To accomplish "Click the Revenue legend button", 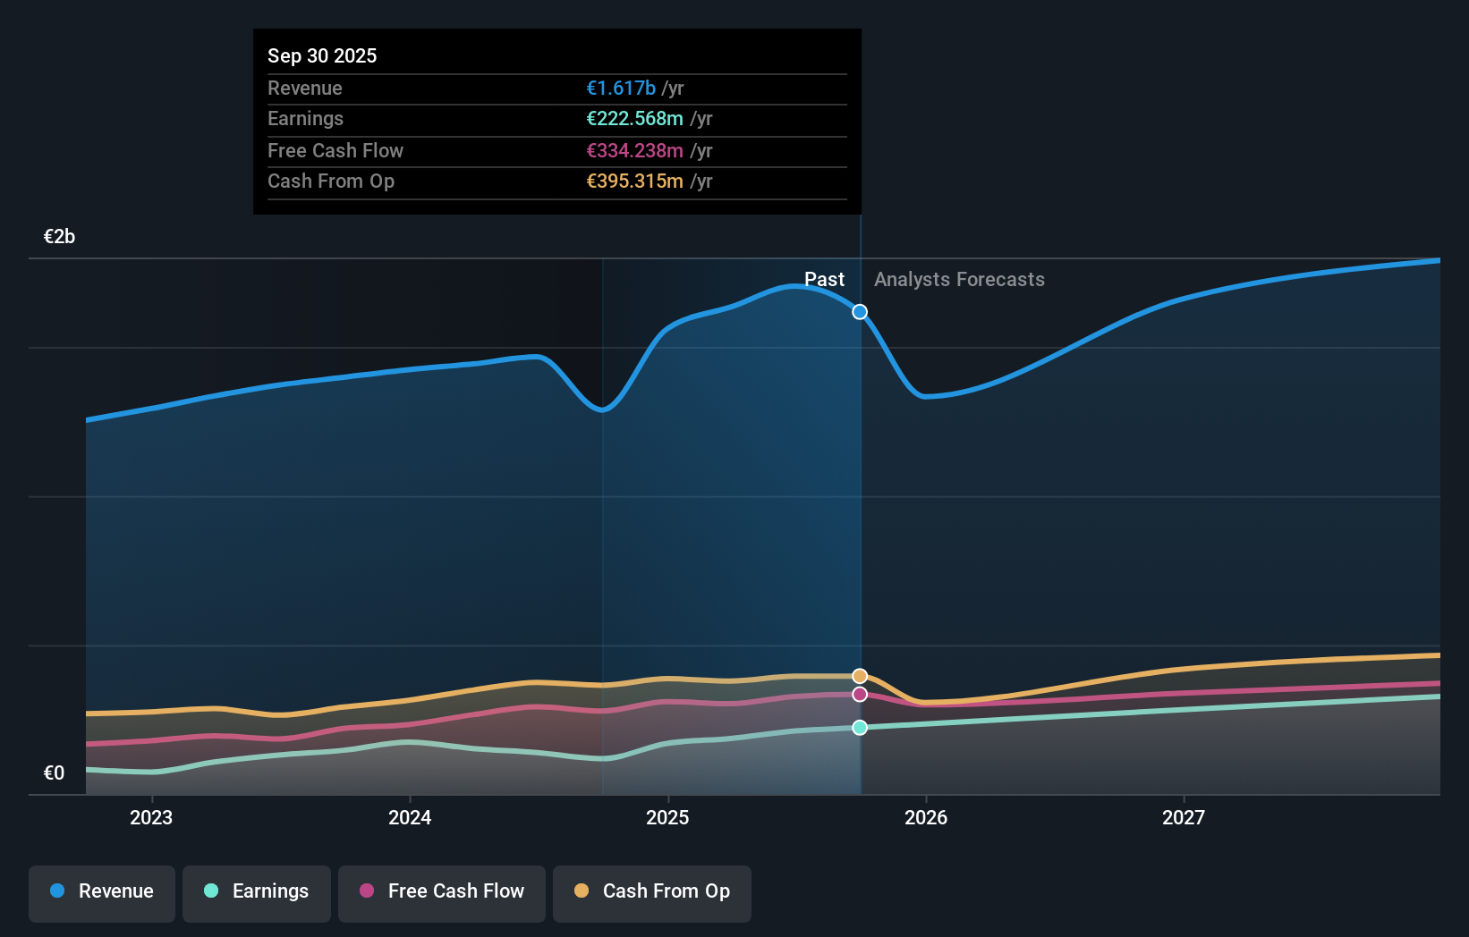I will click(102, 892).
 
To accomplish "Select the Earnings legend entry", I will click(257, 892).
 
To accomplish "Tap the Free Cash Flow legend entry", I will click(442, 892).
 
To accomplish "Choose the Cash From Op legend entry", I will click(652, 892).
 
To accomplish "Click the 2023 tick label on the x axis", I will click(151, 817).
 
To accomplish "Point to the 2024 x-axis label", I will click(410, 817).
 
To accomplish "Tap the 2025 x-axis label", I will click(667, 817).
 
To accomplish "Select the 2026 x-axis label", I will click(926, 817).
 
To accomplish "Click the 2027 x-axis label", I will click(1184, 817).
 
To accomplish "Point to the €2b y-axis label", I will click(59, 237).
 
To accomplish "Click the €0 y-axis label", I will click(54, 773).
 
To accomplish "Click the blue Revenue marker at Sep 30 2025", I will click(860, 312).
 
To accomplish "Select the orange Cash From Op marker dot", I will click(860, 676).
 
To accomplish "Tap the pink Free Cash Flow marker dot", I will click(860, 695).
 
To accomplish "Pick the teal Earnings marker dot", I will click(860, 728).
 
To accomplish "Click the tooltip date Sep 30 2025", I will click(322, 55).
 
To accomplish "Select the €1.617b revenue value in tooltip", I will click(621, 88).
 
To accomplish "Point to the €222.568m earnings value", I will click(634, 119).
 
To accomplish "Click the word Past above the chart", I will click(824, 280).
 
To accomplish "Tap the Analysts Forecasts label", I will click(959, 280).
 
